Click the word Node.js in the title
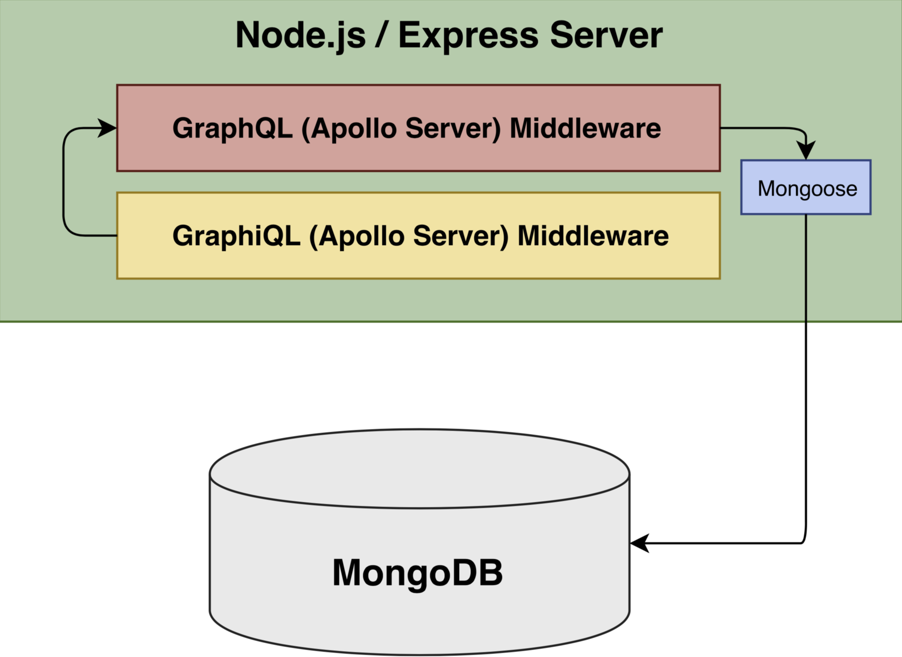[x=300, y=36]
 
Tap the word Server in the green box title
[x=606, y=36]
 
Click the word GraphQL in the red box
[x=232, y=128]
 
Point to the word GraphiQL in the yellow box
[x=236, y=236]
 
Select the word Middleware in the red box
[x=585, y=128]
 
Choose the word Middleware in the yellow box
[x=593, y=236]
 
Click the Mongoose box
[x=806, y=187]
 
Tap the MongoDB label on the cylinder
[x=417, y=572]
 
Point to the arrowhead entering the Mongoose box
[x=806, y=150]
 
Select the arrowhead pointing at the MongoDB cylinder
[x=639, y=543]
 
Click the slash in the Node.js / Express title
[x=382, y=36]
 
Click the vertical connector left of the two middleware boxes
[x=64, y=182]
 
